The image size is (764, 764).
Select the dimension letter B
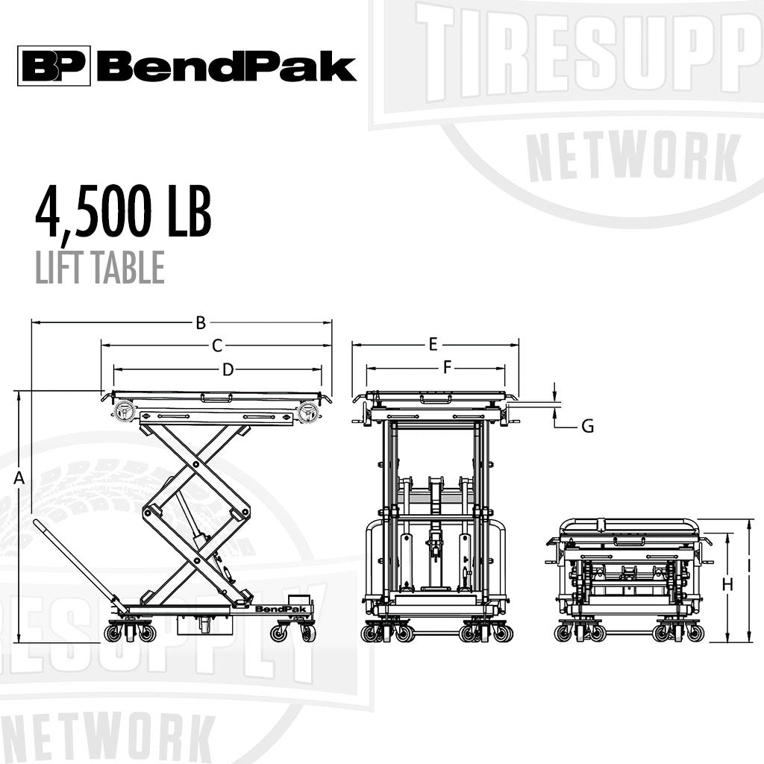200,323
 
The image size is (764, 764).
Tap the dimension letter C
217,345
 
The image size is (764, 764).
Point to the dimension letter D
228,369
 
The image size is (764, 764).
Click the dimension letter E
433,344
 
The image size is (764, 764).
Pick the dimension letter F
448,367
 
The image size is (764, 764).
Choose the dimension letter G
588,426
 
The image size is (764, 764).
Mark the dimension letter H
728,585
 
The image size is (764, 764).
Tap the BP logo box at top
54,66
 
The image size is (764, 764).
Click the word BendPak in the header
226,66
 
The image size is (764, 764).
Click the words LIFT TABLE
99,268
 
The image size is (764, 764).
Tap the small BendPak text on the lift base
272,610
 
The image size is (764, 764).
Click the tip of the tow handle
37,525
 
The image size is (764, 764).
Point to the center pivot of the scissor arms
196,511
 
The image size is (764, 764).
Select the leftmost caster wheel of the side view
113,633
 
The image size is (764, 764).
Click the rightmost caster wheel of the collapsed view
695,633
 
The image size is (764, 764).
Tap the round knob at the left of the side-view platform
123,411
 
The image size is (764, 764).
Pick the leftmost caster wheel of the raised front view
369,633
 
